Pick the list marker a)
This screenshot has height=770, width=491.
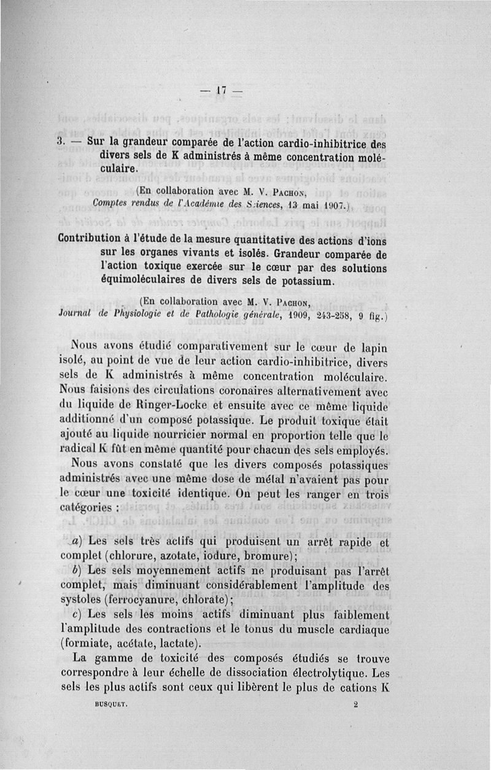pyautogui.click(x=77, y=542)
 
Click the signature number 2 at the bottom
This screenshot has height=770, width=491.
pyautogui.click(x=355, y=706)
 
